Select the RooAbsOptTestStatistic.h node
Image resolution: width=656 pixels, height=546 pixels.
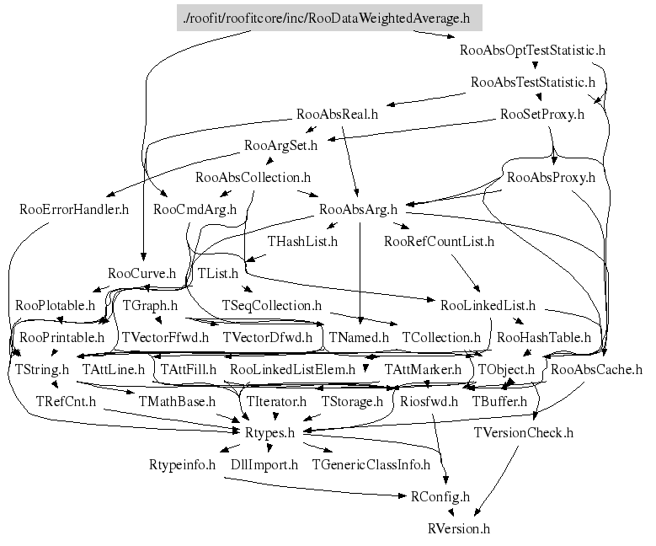pos(533,50)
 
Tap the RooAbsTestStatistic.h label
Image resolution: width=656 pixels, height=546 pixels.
pos(533,83)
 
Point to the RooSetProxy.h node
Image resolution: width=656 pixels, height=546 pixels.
pos(541,114)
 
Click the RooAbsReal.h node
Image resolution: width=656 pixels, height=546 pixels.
pos(338,114)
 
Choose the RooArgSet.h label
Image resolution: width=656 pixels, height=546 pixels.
pos(280,146)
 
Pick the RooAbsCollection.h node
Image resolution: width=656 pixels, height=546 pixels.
pos(253,178)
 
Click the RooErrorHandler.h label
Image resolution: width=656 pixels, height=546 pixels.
pos(73,209)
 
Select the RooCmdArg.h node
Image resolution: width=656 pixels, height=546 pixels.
pos(195,209)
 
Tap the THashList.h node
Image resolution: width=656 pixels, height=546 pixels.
pos(302,242)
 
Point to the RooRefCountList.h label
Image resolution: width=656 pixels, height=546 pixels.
pos(439,242)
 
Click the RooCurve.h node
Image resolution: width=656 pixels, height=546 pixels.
pos(141,273)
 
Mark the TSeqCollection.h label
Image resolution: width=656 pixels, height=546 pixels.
pos(271,305)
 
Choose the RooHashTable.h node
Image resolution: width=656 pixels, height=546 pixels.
pos(544,337)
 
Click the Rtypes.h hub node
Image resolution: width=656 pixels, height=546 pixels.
pos(269,433)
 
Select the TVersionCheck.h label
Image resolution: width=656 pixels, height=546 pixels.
pos(524,433)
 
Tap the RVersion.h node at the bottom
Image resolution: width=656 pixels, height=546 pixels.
pos(458,529)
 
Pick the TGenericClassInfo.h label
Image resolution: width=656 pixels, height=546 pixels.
pos(371,464)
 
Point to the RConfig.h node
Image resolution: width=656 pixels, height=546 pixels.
pos(441,497)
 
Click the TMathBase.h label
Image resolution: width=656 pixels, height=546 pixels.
pos(177,401)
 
